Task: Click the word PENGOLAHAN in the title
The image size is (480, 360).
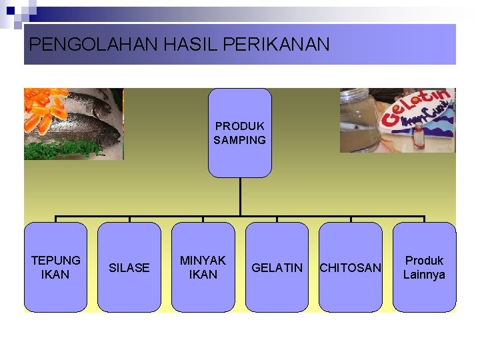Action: (93, 45)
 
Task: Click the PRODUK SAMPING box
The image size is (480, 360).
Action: (240, 133)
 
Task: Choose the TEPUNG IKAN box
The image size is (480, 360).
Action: (55, 267)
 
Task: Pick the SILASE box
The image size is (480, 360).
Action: (129, 267)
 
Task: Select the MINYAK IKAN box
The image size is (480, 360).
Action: (203, 267)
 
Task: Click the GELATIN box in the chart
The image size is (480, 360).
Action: (277, 267)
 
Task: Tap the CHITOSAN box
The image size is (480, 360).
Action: (351, 267)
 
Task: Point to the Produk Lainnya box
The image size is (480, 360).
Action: (424, 267)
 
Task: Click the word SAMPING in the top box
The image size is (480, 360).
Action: (240, 140)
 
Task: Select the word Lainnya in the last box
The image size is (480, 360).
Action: (424, 275)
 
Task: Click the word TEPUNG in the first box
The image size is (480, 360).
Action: (55, 260)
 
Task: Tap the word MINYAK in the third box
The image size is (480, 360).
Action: (203, 260)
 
